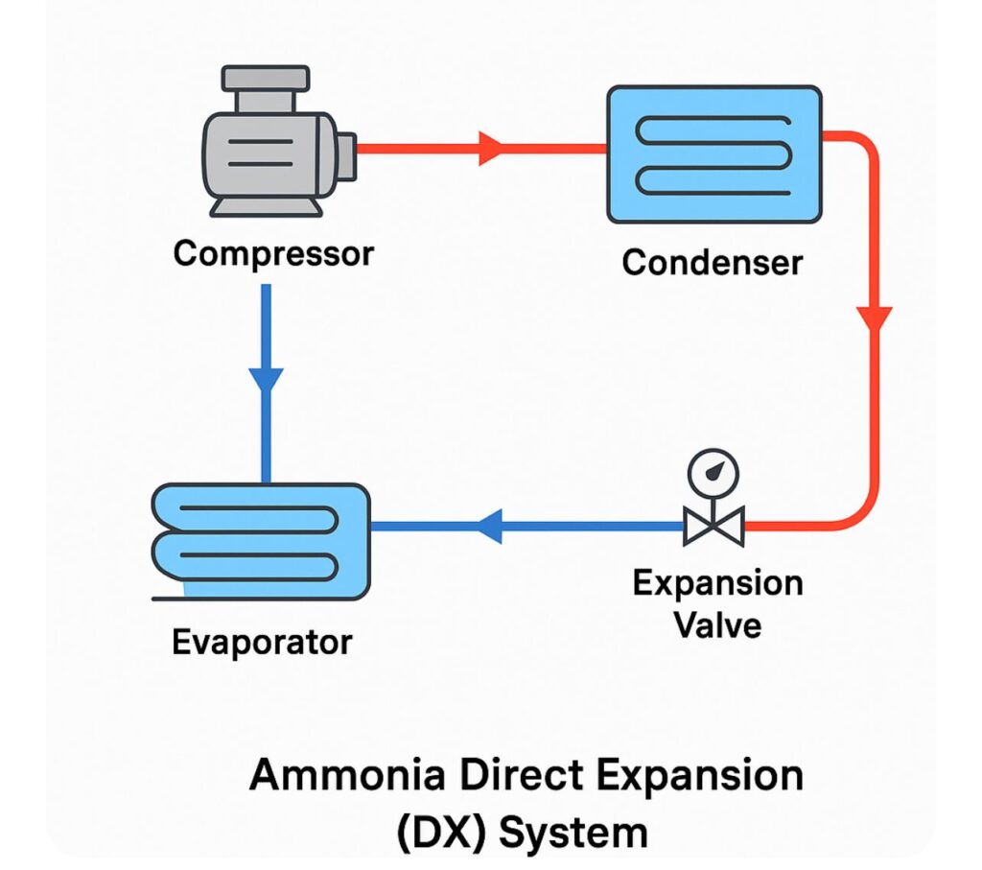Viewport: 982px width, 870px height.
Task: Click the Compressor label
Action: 273,254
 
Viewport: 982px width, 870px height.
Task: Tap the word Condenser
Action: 712,261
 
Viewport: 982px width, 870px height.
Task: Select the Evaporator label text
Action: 262,641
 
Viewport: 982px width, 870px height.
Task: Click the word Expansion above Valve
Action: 717,583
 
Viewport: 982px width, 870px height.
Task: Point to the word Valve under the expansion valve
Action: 717,624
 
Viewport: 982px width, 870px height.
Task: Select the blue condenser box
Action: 714,153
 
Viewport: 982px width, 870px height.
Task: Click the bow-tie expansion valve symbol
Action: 713,527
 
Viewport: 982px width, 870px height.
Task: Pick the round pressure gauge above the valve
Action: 713,471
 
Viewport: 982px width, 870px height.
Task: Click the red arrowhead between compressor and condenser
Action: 492,149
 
